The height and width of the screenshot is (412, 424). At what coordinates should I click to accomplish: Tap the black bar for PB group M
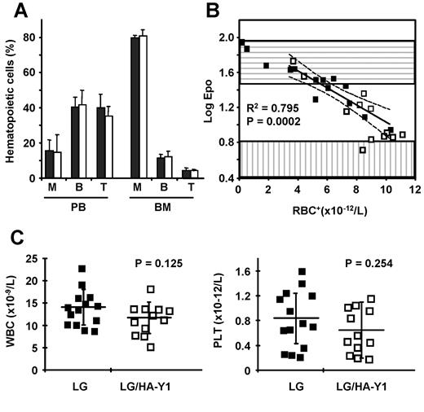coord(48,164)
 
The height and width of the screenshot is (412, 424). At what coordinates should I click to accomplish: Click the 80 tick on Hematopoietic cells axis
coord(29,37)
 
